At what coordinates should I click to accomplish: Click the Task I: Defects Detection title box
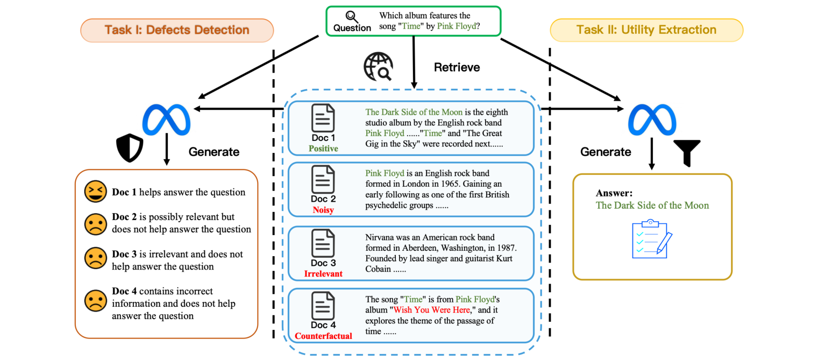(177, 30)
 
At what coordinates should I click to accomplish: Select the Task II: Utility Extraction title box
(646, 30)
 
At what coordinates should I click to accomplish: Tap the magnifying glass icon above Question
(352, 17)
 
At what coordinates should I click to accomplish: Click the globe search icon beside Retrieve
(378, 67)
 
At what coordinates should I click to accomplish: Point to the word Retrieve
(457, 67)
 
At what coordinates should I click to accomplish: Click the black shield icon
(130, 148)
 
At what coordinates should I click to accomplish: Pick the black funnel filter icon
(687, 153)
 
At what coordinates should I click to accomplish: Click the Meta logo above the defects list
(166, 119)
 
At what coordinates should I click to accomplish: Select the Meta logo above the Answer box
(652, 119)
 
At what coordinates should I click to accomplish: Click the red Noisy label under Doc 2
(323, 210)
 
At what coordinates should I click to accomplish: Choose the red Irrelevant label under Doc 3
(323, 273)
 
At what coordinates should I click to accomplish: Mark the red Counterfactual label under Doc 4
(323, 336)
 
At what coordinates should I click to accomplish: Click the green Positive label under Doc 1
(323, 148)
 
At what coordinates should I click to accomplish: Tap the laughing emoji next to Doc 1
(95, 192)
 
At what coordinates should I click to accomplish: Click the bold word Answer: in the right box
(614, 193)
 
